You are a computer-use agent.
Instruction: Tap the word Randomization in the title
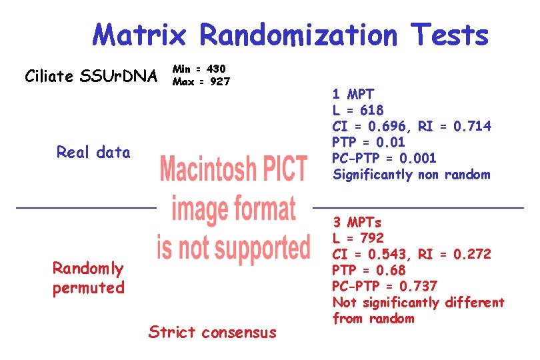(299, 35)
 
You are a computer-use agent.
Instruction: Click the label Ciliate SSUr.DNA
(89, 76)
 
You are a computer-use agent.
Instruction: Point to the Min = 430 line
(199, 69)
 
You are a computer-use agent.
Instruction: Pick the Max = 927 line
(201, 82)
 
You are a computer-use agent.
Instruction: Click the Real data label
(93, 153)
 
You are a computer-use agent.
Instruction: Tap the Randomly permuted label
(89, 278)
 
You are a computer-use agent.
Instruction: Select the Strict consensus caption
(212, 332)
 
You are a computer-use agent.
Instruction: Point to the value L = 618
(358, 110)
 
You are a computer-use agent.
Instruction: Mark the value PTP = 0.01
(369, 142)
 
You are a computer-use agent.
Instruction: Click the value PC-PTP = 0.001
(384, 158)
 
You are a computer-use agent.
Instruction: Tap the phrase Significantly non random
(411, 175)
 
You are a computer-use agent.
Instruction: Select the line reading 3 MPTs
(357, 222)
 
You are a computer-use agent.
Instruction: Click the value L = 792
(358, 238)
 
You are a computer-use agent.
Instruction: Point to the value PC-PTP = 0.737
(385, 286)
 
